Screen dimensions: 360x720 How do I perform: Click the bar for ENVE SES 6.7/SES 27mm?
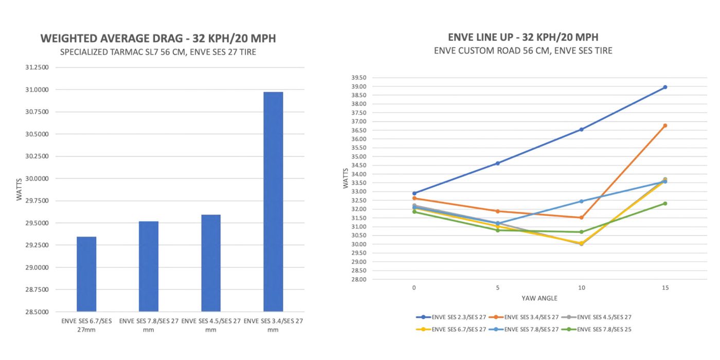point(86,274)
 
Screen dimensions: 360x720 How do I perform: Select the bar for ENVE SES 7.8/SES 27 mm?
point(149,266)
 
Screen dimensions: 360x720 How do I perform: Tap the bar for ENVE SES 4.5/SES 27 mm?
point(211,263)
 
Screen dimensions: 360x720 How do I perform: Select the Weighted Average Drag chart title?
point(158,39)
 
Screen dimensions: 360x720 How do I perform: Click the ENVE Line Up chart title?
point(523,38)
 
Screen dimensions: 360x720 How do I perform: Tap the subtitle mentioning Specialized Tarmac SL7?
point(158,52)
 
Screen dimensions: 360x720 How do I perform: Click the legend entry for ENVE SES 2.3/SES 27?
point(451,317)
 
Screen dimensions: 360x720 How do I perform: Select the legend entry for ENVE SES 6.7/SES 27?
point(451,329)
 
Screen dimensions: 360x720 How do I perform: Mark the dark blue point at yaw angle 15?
point(665,87)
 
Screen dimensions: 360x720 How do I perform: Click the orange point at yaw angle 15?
point(665,125)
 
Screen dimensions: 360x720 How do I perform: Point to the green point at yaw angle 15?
point(665,204)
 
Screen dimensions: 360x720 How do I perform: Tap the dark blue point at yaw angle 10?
point(581,130)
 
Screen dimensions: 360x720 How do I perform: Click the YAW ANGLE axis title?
point(539,298)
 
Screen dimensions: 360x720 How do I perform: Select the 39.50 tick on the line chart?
point(358,78)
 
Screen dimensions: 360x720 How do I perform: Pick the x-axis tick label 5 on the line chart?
point(498,288)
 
